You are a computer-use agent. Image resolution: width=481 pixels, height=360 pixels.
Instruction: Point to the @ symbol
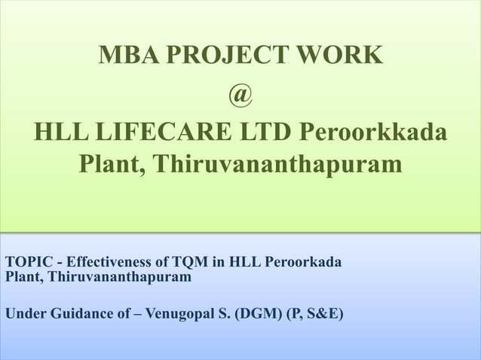pos(240,94)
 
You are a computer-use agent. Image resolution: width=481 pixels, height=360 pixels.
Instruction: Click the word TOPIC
pos(29,263)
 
